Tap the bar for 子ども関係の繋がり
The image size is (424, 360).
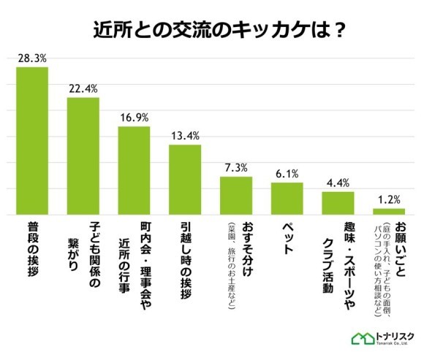(83, 156)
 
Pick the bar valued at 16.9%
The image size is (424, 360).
(134, 171)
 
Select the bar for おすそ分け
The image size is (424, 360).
(236, 196)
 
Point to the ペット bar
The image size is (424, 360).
(287, 199)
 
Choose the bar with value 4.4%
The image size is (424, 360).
(338, 203)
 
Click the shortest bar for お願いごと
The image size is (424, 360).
(389, 212)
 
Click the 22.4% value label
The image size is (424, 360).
(83, 89)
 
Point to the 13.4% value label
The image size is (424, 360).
(185, 137)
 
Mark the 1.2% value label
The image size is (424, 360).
(389, 199)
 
